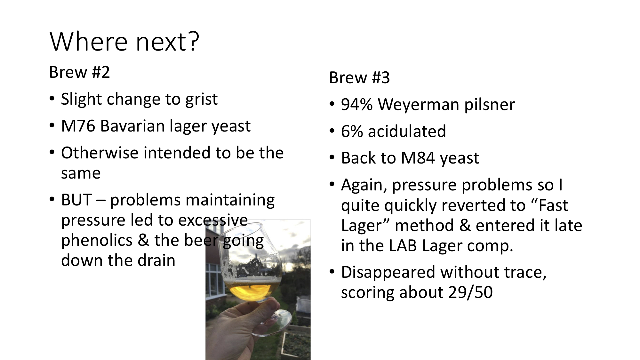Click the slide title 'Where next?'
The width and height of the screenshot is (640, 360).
(124, 42)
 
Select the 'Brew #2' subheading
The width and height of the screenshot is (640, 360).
(79, 72)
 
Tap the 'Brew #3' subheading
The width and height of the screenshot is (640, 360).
(359, 77)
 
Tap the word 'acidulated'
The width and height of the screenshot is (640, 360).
(407, 131)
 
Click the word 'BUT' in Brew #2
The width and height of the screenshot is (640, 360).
(76, 200)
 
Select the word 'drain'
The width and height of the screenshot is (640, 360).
(156, 260)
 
